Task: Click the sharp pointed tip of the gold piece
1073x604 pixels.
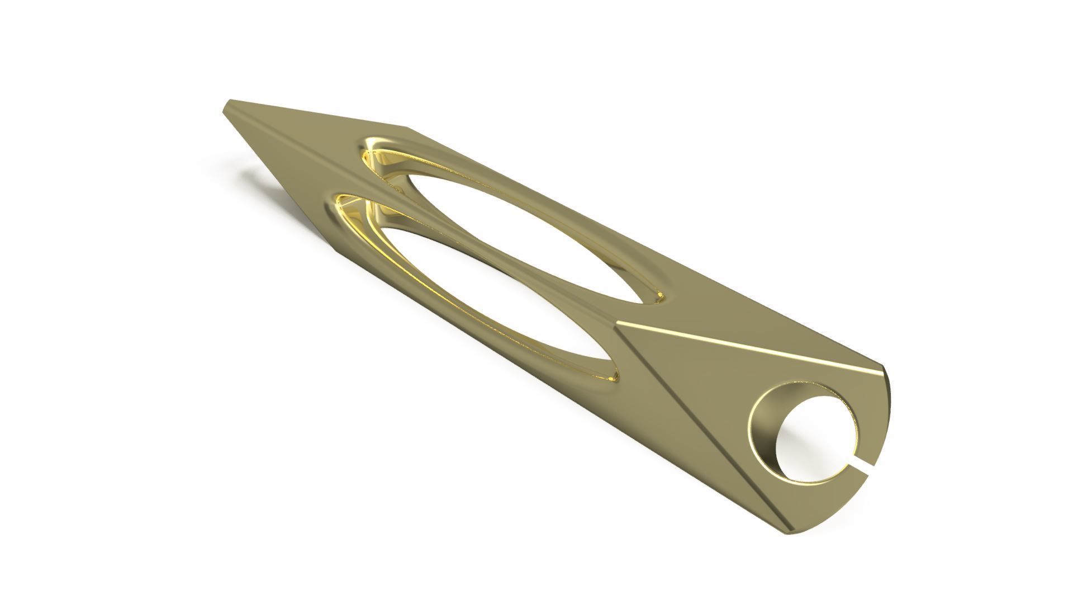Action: click(226, 104)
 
